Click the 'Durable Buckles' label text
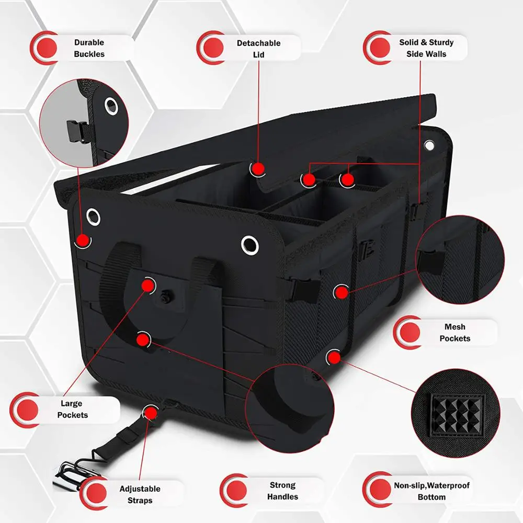pyautogui.click(x=89, y=48)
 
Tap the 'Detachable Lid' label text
pyautogui.click(x=258, y=49)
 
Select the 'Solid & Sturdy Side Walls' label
pyautogui.click(x=426, y=48)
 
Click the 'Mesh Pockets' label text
pyautogui.click(x=454, y=333)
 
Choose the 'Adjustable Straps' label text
pyautogui.click(x=140, y=494)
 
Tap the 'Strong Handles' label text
pyautogui.click(x=282, y=491)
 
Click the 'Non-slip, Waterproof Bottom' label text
pyautogui.click(x=431, y=491)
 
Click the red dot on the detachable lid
pyautogui.click(x=257, y=168)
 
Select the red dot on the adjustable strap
pyautogui.click(x=151, y=412)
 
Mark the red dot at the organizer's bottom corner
pyautogui.click(x=333, y=358)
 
